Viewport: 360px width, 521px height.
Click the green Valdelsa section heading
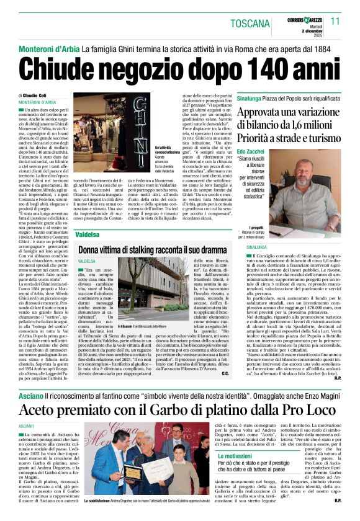pos(87,235)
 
